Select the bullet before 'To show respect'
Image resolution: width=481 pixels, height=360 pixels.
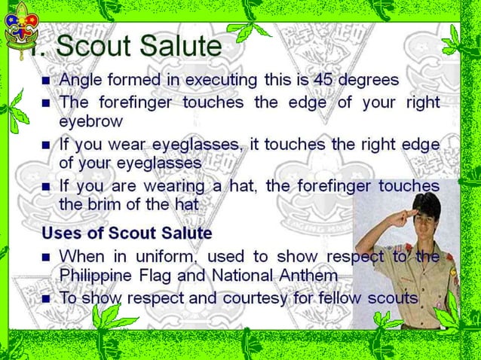point(46,298)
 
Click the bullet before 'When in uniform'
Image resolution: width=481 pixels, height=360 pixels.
point(46,257)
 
